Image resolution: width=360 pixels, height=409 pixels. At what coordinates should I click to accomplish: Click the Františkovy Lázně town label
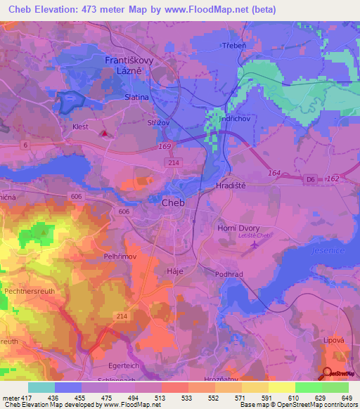click(x=134, y=66)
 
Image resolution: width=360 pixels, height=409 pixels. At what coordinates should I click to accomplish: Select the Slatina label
click(x=136, y=99)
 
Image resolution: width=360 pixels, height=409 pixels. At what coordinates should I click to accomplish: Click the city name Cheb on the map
click(x=174, y=202)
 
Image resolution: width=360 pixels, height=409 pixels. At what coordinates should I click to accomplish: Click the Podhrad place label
click(x=229, y=275)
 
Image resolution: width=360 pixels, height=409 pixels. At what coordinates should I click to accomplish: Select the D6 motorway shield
click(x=310, y=180)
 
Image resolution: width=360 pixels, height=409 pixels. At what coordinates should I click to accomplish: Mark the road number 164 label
click(x=274, y=171)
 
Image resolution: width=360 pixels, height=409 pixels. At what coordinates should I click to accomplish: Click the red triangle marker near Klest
click(x=105, y=132)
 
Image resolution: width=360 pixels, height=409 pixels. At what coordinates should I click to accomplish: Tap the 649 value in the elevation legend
click(x=346, y=398)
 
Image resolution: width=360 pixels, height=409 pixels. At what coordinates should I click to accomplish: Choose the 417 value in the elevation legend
click(x=25, y=398)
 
